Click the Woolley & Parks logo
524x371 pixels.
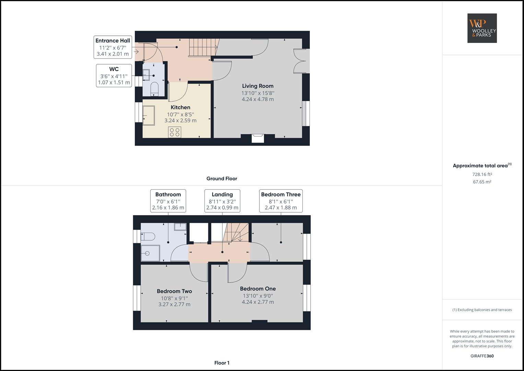coord(482,28)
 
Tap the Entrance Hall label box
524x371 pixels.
coord(113,47)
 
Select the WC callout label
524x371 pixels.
coord(114,76)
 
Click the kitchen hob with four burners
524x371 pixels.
coord(175,132)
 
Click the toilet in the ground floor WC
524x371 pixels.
coord(154,88)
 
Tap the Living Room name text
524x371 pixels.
coord(258,86)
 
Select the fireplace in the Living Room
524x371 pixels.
coord(258,138)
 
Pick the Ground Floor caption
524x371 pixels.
coord(222,179)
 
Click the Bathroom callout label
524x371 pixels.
coord(168,201)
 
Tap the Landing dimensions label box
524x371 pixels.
coord(222,201)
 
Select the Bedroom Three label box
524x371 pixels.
coord(280,201)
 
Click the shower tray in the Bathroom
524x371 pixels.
coord(150,253)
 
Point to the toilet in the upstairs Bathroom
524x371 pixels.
coord(148,236)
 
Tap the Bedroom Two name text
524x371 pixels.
coord(174,291)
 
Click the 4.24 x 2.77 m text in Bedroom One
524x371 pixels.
coord(258,302)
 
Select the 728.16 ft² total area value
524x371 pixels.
coord(482,174)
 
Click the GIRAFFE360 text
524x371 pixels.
coord(482,356)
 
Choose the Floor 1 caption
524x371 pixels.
coord(222,363)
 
